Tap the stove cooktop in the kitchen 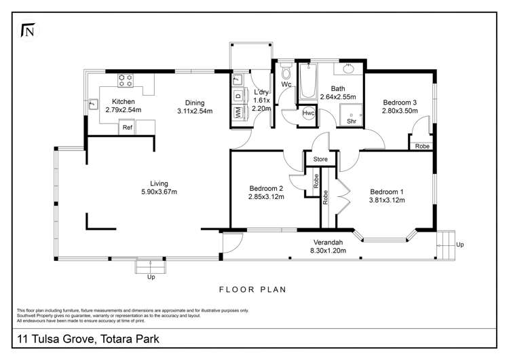point(126,80)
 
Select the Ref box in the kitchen point(127,127)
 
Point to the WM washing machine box point(238,113)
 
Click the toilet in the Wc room point(286,71)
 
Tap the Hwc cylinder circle point(309,113)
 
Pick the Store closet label point(320,160)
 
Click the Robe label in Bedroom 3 point(421,145)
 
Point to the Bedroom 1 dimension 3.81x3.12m point(386,200)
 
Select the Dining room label point(195,102)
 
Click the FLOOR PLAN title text point(252,289)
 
